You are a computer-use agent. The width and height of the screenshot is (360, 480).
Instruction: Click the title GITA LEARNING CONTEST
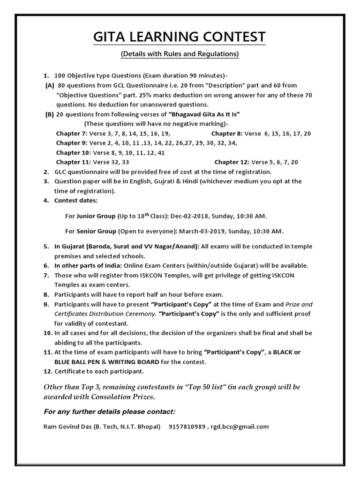[180, 37]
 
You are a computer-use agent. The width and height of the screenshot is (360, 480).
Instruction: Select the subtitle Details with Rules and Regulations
[180, 54]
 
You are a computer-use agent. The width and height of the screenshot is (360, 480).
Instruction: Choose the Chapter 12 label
[231, 162]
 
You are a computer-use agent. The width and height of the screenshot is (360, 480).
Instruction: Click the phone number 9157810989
[187, 427]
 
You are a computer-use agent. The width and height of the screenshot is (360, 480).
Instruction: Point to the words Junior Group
[96, 216]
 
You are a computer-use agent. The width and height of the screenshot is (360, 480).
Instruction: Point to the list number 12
[47, 372]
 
